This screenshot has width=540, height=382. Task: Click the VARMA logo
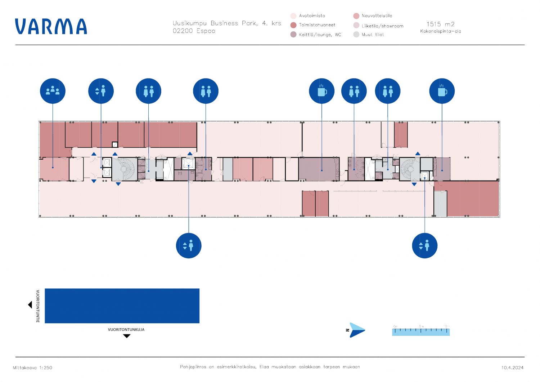point(51,27)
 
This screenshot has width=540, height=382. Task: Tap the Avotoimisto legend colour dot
point(293,16)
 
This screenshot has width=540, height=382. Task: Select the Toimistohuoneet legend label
point(317,25)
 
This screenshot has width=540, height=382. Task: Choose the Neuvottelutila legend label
point(377,16)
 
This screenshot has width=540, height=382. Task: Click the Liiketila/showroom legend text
point(382,26)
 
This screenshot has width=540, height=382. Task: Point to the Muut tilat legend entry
point(373,35)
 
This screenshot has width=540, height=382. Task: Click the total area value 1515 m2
point(440,24)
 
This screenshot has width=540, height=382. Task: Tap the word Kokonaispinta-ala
point(440,31)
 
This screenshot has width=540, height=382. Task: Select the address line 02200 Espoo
point(194,31)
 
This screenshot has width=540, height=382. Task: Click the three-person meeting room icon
point(53,91)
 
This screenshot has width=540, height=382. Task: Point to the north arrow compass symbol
point(356,330)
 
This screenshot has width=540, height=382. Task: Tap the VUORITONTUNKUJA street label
point(126,329)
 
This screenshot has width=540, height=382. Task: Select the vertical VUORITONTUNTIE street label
point(38,306)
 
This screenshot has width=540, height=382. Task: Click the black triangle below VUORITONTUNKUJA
point(126,336)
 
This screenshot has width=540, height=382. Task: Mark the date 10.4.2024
point(512,368)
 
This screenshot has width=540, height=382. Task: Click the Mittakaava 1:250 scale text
point(32,368)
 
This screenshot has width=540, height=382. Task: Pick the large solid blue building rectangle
point(122,306)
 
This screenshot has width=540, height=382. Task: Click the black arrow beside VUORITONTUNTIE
point(30,305)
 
